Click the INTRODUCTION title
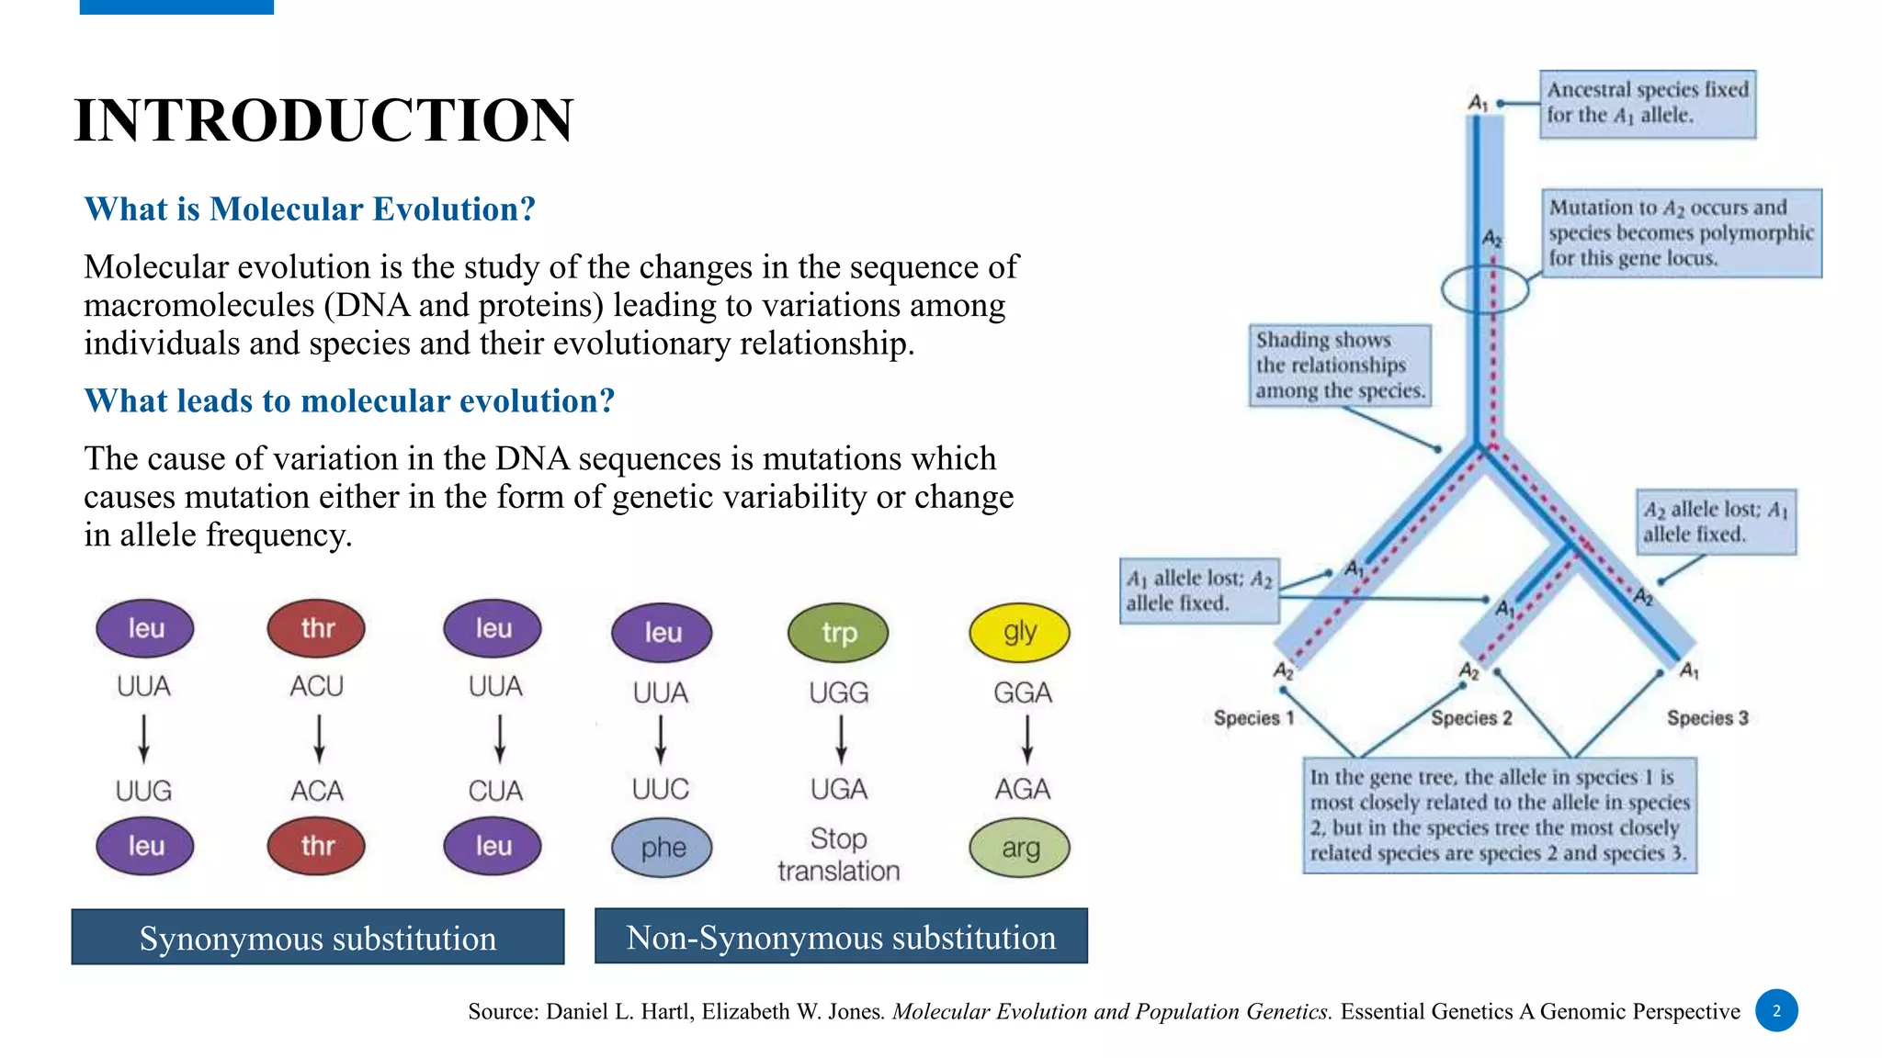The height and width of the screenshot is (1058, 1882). [323, 120]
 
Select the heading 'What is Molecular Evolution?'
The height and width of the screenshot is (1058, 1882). [310, 209]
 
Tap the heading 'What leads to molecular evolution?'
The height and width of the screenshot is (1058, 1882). [349, 401]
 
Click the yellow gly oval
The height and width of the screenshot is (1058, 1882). [1020, 632]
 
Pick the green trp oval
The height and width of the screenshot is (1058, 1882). [838, 633]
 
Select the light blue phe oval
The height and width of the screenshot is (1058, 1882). [662, 848]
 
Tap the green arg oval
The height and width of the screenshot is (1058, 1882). [1020, 848]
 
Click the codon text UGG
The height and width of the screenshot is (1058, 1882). [838, 692]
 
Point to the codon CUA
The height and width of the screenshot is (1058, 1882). [494, 791]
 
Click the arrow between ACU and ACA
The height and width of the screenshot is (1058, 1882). [318, 738]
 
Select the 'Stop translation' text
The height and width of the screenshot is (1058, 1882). [838, 854]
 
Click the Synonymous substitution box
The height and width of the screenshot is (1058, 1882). [318, 938]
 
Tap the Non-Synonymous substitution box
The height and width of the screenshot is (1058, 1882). [841, 937]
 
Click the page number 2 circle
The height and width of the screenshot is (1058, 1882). [1776, 1010]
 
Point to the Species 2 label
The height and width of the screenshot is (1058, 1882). [1470, 718]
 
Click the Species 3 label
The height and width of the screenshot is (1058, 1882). [1707, 718]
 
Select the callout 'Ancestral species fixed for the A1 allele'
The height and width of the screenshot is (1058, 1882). [1648, 103]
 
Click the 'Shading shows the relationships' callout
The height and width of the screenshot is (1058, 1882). [1339, 366]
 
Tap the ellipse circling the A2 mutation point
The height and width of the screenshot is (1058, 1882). [1485, 290]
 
